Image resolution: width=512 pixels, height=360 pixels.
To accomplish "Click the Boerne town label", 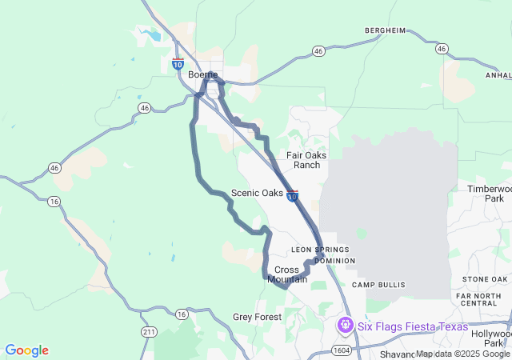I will [202, 74].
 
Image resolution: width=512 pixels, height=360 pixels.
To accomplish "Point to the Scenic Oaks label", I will [257, 193].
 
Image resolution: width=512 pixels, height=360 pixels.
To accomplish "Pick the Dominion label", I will [334, 261].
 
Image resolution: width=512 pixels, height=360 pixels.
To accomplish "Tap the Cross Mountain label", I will [287, 274].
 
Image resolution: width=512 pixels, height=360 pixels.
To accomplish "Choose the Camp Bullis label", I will [379, 285].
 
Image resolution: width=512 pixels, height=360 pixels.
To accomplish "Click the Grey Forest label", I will [257, 317].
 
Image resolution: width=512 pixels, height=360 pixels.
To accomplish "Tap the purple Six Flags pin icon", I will [345, 325].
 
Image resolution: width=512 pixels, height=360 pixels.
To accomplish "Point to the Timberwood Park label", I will [493, 193].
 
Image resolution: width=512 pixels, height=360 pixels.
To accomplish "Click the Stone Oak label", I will [485, 278].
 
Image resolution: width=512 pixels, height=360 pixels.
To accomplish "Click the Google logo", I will [27, 350].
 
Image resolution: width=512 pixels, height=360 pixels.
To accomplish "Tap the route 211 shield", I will [147, 331].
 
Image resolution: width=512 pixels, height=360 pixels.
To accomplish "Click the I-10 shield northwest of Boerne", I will [178, 63].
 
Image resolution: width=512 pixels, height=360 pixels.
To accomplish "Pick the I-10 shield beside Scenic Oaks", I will [293, 195].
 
